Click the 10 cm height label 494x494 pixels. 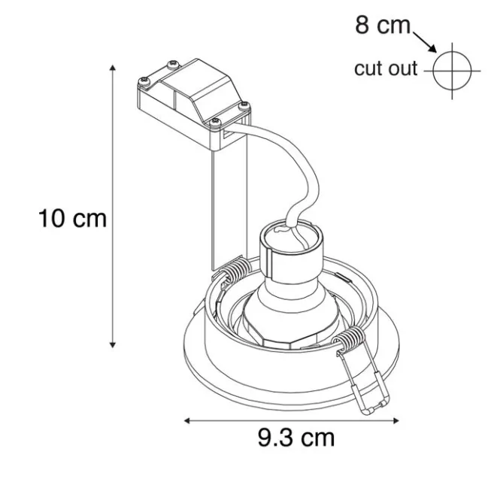73,219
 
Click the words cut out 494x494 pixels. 386,68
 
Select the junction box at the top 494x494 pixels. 193,97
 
